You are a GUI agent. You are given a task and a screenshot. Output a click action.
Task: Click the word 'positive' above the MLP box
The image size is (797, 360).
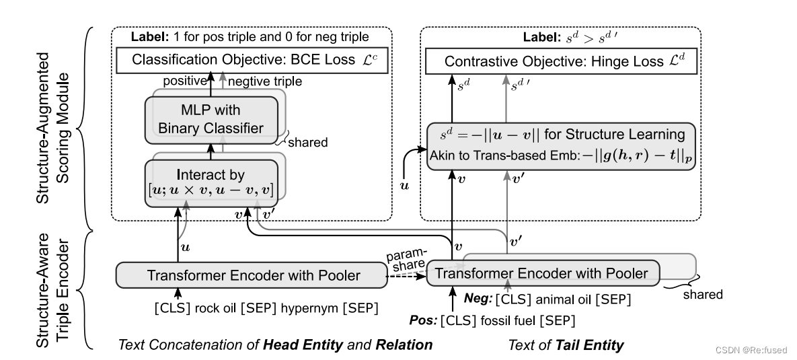point(185,80)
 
